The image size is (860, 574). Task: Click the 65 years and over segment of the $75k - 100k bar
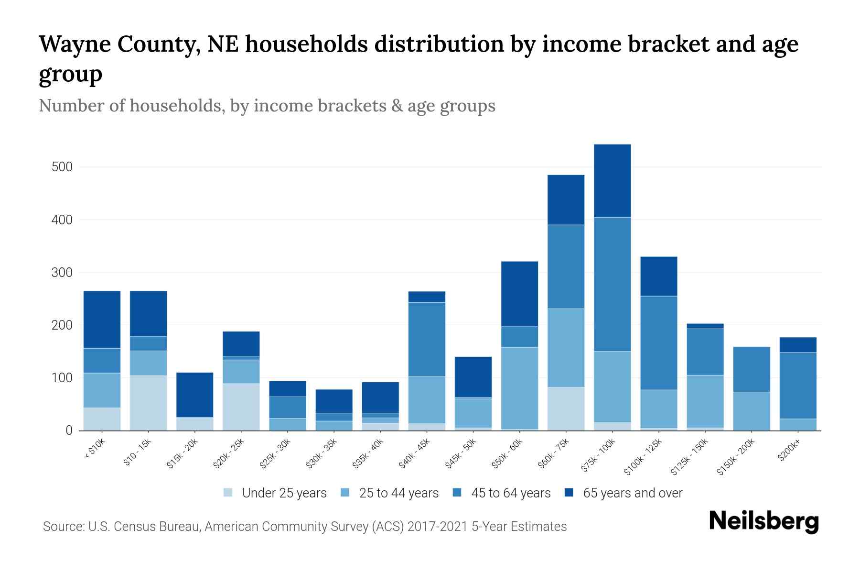coord(612,181)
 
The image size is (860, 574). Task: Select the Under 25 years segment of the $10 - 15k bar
coord(148,403)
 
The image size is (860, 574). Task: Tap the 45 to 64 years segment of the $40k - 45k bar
coord(427,339)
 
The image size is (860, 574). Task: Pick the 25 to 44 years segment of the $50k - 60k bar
coord(519,388)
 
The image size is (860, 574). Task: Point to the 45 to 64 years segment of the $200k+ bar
coord(797,386)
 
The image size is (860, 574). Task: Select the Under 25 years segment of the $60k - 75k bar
coord(566,408)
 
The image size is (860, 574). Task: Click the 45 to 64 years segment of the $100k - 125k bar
coord(658,343)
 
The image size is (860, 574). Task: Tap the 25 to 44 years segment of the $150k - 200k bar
coord(751,411)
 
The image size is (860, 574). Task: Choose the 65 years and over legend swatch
coord(569,493)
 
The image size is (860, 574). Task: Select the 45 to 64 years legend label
coord(510,493)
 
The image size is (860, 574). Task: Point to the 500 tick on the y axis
coord(62,167)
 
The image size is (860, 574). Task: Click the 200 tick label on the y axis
coord(62,325)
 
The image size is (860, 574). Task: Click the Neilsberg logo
coord(763,521)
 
